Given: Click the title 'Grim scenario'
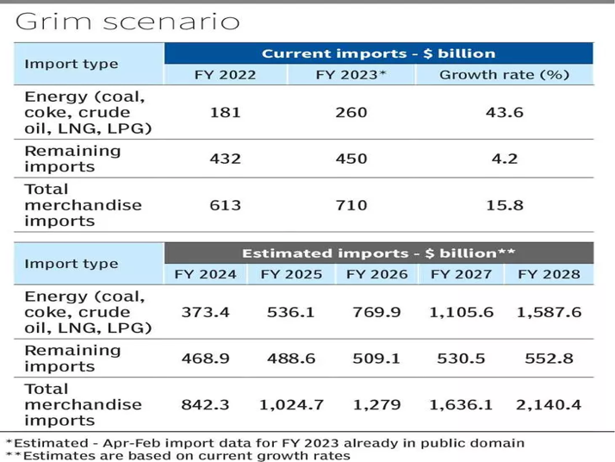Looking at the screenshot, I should (x=127, y=22).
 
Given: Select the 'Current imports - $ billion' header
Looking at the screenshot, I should (x=378, y=53).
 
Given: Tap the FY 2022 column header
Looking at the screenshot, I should (x=225, y=75).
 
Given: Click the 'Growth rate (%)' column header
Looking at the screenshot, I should (x=504, y=75).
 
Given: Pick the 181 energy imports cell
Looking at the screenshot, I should (x=225, y=113).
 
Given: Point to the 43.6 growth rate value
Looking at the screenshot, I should (x=504, y=113).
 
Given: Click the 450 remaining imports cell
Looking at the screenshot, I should (x=351, y=159).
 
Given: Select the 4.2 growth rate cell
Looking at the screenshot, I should (x=504, y=159).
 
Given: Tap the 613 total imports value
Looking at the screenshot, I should (x=225, y=205).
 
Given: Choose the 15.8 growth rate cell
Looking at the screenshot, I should (x=504, y=205).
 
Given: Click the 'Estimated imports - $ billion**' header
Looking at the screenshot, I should (x=378, y=253).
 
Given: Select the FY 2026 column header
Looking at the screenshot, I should (x=376, y=275).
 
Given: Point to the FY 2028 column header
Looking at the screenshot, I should (x=549, y=275).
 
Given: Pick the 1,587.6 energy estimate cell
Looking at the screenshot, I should (x=549, y=312).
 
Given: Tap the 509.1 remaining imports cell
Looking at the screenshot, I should (x=376, y=358).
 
